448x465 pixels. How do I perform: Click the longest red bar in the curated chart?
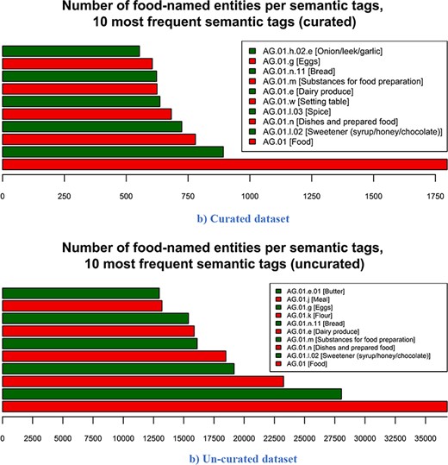coord(224,165)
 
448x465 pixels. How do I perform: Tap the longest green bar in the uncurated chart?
coord(172,393)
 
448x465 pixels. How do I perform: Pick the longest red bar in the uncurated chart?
coord(224,406)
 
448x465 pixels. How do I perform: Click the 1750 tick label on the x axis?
coord(435,197)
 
